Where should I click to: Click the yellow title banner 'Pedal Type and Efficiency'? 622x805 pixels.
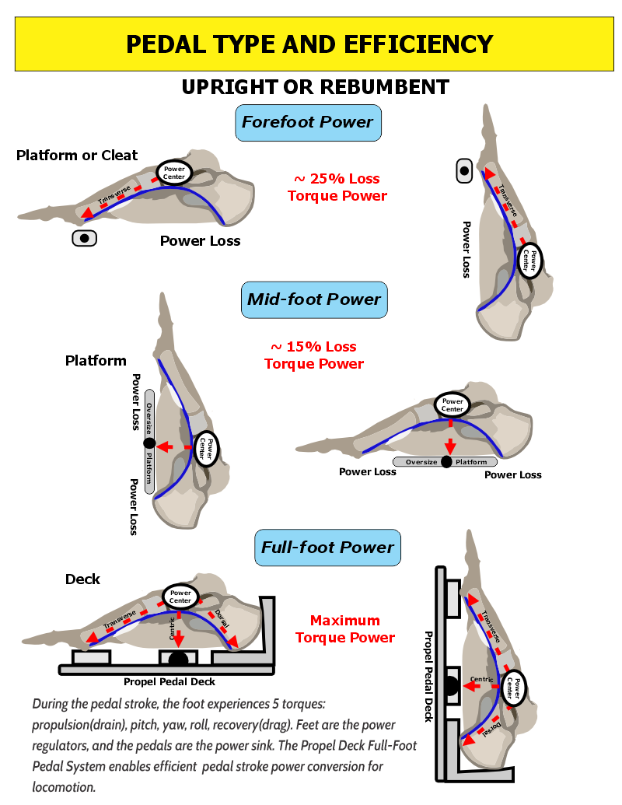coord(309,44)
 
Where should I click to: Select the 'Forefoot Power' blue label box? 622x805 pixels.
coord(308,122)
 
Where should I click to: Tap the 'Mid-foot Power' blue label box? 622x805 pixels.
coord(314,299)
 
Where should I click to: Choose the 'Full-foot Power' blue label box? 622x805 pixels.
coord(327,548)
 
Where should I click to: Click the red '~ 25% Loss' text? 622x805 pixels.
coord(337,179)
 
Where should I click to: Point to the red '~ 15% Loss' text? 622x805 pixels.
coord(313,347)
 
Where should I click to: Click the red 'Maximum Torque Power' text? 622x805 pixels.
coord(345,629)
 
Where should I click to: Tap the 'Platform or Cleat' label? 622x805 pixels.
coord(77,156)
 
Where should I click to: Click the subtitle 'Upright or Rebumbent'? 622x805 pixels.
coord(315,86)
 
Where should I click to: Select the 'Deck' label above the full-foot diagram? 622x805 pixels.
coord(82,579)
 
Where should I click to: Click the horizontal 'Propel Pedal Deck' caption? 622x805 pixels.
coord(169,682)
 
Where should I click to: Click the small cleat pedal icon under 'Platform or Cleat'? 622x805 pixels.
coord(84,238)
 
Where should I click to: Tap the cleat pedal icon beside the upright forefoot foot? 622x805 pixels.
coord(464,170)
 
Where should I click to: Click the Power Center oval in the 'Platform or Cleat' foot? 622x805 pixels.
coord(173,173)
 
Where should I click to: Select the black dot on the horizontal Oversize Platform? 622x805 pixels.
coord(446,462)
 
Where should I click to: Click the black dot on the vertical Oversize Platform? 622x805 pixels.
coord(149,443)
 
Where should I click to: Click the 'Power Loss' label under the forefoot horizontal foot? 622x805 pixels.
coord(200,241)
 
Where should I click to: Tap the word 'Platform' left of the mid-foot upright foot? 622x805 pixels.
coord(96,361)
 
